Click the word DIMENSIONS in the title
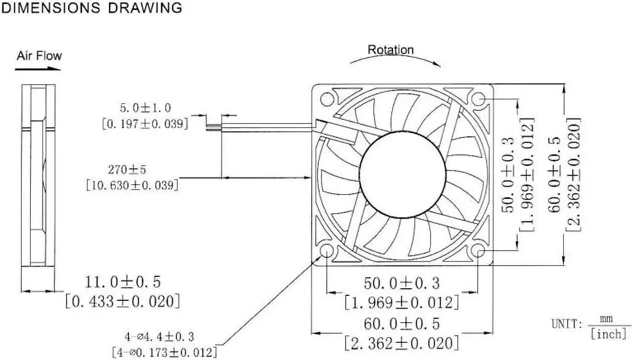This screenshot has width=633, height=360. [x=51, y=8]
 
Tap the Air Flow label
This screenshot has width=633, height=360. [x=39, y=56]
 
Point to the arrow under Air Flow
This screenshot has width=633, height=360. [x=38, y=68]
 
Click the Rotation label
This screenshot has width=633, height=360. [x=391, y=50]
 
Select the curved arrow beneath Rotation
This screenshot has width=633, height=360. [x=396, y=56]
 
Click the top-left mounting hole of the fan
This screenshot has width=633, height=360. [x=327, y=99]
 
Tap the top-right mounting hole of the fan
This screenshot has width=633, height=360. [x=478, y=99]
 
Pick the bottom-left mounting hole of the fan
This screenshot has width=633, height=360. [x=327, y=251]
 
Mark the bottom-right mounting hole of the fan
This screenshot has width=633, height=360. [x=478, y=251]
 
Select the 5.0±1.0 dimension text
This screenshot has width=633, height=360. [x=145, y=108]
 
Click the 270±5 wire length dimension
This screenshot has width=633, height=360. [x=127, y=170]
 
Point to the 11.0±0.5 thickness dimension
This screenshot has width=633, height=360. [x=123, y=282]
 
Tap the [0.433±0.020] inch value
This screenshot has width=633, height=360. [x=123, y=302]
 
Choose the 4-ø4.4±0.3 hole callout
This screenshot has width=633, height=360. [x=159, y=337]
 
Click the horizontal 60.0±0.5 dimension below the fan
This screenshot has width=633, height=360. [x=402, y=324]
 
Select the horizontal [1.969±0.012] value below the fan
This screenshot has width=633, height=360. [x=402, y=303]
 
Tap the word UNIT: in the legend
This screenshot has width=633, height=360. [x=567, y=324]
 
